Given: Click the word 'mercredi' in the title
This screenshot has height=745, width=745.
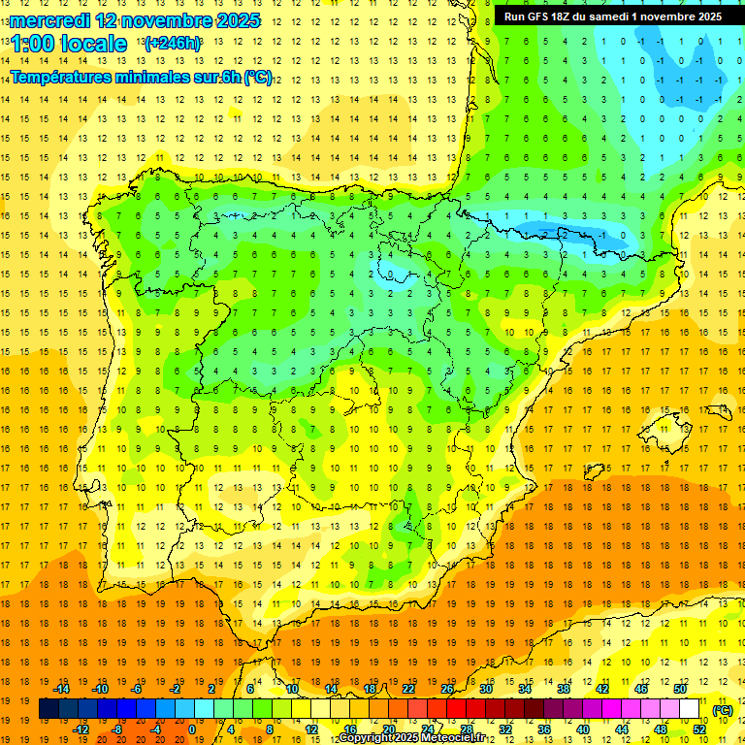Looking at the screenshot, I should pyautogui.click(x=49, y=20).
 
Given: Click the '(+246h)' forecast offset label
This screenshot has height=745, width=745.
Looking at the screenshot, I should pyautogui.click(x=173, y=43).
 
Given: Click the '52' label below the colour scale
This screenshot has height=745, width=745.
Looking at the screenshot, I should pyautogui.click(x=699, y=729).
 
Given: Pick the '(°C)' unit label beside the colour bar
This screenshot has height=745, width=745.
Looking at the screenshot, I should pyautogui.click(x=722, y=710).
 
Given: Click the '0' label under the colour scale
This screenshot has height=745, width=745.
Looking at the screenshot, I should pyautogui.click(x=192, y=729).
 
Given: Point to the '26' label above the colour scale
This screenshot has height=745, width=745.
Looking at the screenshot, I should pyautogui.click(x=447, y=689).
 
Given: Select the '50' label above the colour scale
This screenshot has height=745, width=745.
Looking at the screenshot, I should pyautogui.click(x=680, y=689).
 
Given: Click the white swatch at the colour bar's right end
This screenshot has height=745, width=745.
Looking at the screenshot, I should pyautogui.click(x=690, y=709).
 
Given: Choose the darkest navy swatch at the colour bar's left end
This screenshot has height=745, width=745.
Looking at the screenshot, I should pyautogui.click(x=49, y=709).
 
